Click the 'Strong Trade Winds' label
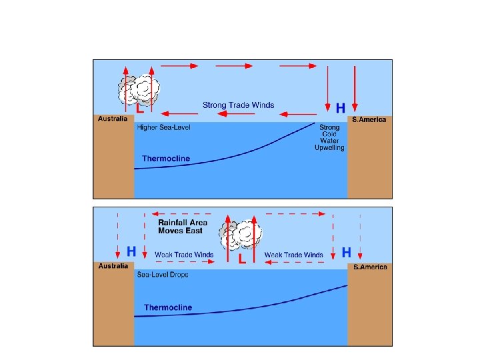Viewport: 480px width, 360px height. (x=238, y=105)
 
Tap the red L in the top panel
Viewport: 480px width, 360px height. (x=140, y=107)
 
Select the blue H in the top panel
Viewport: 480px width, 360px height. (x=340, y=107)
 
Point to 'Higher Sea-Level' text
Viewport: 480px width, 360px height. (x=163, y=128)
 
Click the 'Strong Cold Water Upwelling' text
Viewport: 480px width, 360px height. (x=329, y=137)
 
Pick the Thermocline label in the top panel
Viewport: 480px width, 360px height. (x=166, y=159)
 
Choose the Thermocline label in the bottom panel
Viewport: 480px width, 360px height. (x=168, y=307)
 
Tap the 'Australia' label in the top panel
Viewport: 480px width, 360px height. (x=113, y=119)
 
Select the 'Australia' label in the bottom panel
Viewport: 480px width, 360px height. (x=113, y=266)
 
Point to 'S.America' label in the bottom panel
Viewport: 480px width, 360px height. (x=370, y=267)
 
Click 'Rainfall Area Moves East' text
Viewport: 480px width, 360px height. (x=183, y=227)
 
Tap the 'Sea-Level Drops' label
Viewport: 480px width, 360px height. (x=163, y=275)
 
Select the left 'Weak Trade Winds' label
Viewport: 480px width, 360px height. (x=184, y=255)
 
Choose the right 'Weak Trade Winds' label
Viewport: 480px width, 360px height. (x=293, y=255)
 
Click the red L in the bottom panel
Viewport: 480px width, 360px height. (x=242, y=259)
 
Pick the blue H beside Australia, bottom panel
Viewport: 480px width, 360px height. (x=131, y=252)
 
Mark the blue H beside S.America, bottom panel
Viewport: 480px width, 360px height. (x=346, y=252)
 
